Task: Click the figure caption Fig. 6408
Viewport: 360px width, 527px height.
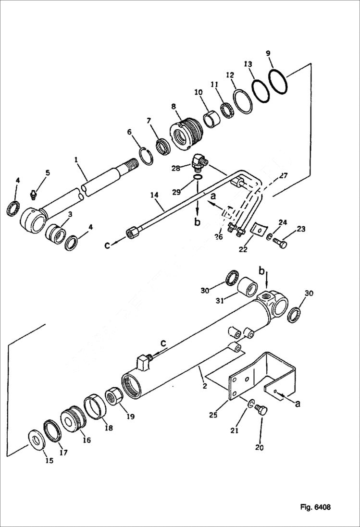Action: [x=315, y=507]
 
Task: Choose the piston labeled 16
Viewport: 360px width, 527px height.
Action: [x=74, y=417]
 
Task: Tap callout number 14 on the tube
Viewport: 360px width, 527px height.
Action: [x=154, y=195]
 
